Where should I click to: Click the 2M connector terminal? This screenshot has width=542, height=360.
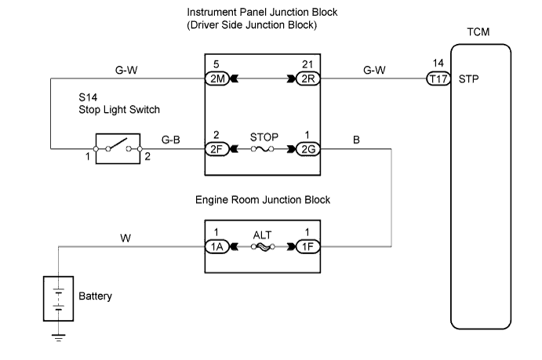216,78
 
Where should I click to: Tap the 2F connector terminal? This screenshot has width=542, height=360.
216,147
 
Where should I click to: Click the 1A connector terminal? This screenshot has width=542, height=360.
216,245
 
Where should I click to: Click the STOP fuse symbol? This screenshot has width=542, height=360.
260,147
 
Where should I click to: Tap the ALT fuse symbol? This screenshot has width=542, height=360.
260,245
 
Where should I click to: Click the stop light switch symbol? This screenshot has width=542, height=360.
118,147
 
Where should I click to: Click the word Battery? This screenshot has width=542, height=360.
96,297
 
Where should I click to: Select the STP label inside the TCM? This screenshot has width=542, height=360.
468,78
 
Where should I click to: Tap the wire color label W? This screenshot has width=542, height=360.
125,235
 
